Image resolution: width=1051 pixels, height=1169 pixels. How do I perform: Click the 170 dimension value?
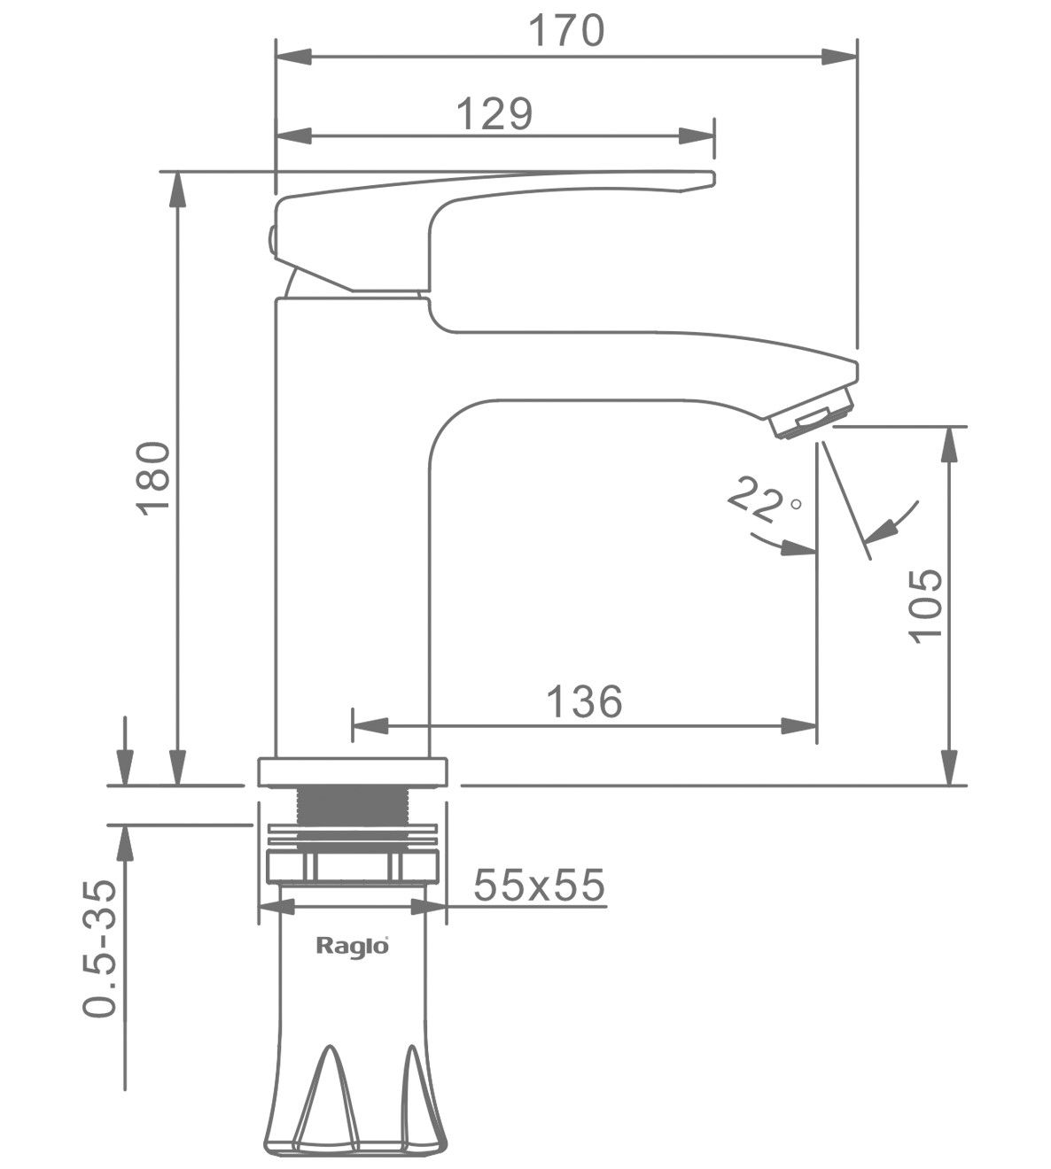coord(566,31)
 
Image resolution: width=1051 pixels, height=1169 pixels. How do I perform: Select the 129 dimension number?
coord(494,113)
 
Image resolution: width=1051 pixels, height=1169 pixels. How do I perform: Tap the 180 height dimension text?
coord(153,477)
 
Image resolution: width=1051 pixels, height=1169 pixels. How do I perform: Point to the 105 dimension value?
coord(924,606)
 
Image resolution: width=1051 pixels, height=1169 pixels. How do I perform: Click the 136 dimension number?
coord(584,701)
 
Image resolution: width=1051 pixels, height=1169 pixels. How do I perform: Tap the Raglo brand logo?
coord(353,947)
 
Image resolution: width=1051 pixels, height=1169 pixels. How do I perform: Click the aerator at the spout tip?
coord(814,413)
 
